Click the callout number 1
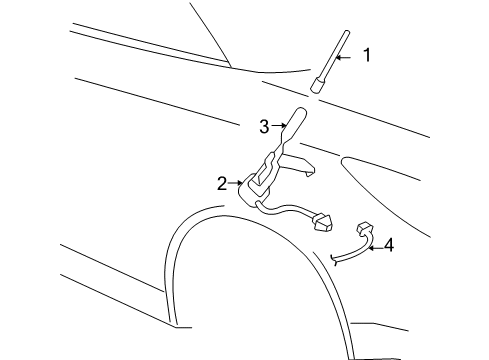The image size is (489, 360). [366, 56]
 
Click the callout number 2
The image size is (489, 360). [222, 183]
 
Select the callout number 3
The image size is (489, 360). [264, 127]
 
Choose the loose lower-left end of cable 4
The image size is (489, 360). [334, 259]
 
